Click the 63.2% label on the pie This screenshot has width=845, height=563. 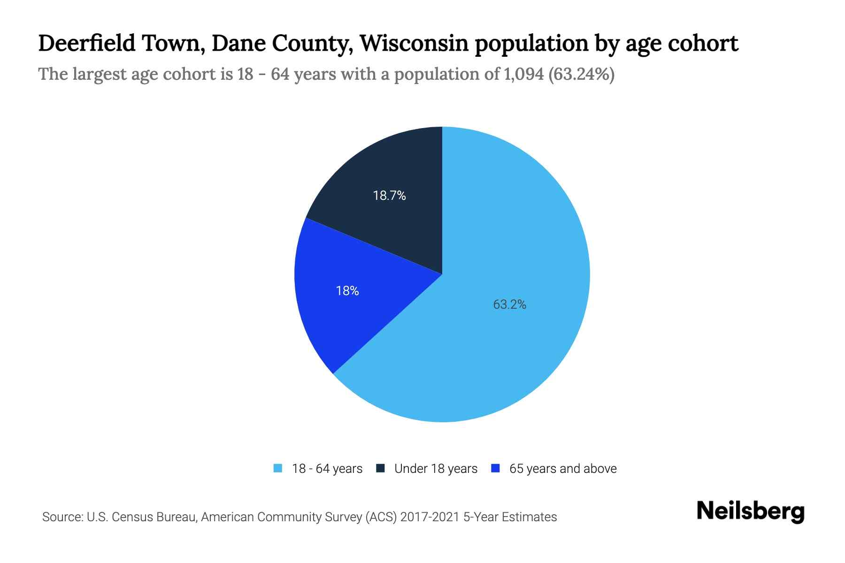(509, 305)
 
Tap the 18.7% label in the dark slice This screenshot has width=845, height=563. (389, 196)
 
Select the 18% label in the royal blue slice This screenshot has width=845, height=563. (347, 291)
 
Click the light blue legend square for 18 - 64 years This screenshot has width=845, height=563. (278, 468)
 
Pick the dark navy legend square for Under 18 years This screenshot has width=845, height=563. (381, 468)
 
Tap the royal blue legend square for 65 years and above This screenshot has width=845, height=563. (495, 468)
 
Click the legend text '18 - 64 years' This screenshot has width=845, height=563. (327, 469)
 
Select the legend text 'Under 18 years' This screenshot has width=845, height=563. (436, 469)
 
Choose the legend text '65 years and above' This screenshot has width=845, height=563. (563, 469)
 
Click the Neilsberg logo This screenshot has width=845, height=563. (751, 512)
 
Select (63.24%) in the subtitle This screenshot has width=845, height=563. (581, 74)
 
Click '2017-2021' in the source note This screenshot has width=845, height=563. (430, 517)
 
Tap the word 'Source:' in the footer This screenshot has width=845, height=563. (62, 517)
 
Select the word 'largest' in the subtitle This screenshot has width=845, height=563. (99, 74)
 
